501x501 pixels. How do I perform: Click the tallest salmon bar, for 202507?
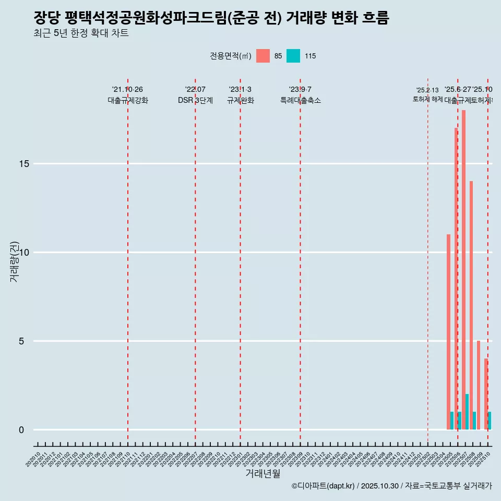(463, 270)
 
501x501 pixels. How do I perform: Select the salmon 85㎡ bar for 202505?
(448, 332)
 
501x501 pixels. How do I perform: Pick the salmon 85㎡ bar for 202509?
(479, 385)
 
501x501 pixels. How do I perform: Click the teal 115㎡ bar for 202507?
(467, 412)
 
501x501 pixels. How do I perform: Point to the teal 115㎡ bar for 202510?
(490, 421)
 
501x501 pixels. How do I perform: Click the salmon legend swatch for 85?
(263, 56)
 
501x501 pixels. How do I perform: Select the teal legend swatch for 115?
(293, 56)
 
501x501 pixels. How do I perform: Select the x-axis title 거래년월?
(263, 474)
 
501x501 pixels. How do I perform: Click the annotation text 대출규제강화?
(128, 101)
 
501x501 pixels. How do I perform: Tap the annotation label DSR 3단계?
(195, 101)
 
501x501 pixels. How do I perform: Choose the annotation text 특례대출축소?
(300, 101)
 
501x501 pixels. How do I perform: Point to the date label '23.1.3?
(240, 90)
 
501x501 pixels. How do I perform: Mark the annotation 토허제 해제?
(427, 99)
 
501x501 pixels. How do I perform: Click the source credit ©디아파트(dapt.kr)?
(323, 486)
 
